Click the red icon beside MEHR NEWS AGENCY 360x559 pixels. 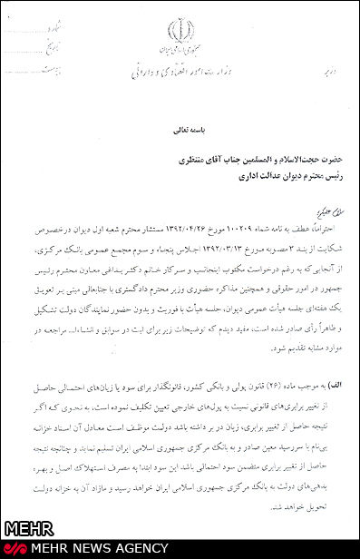[12, 549]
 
